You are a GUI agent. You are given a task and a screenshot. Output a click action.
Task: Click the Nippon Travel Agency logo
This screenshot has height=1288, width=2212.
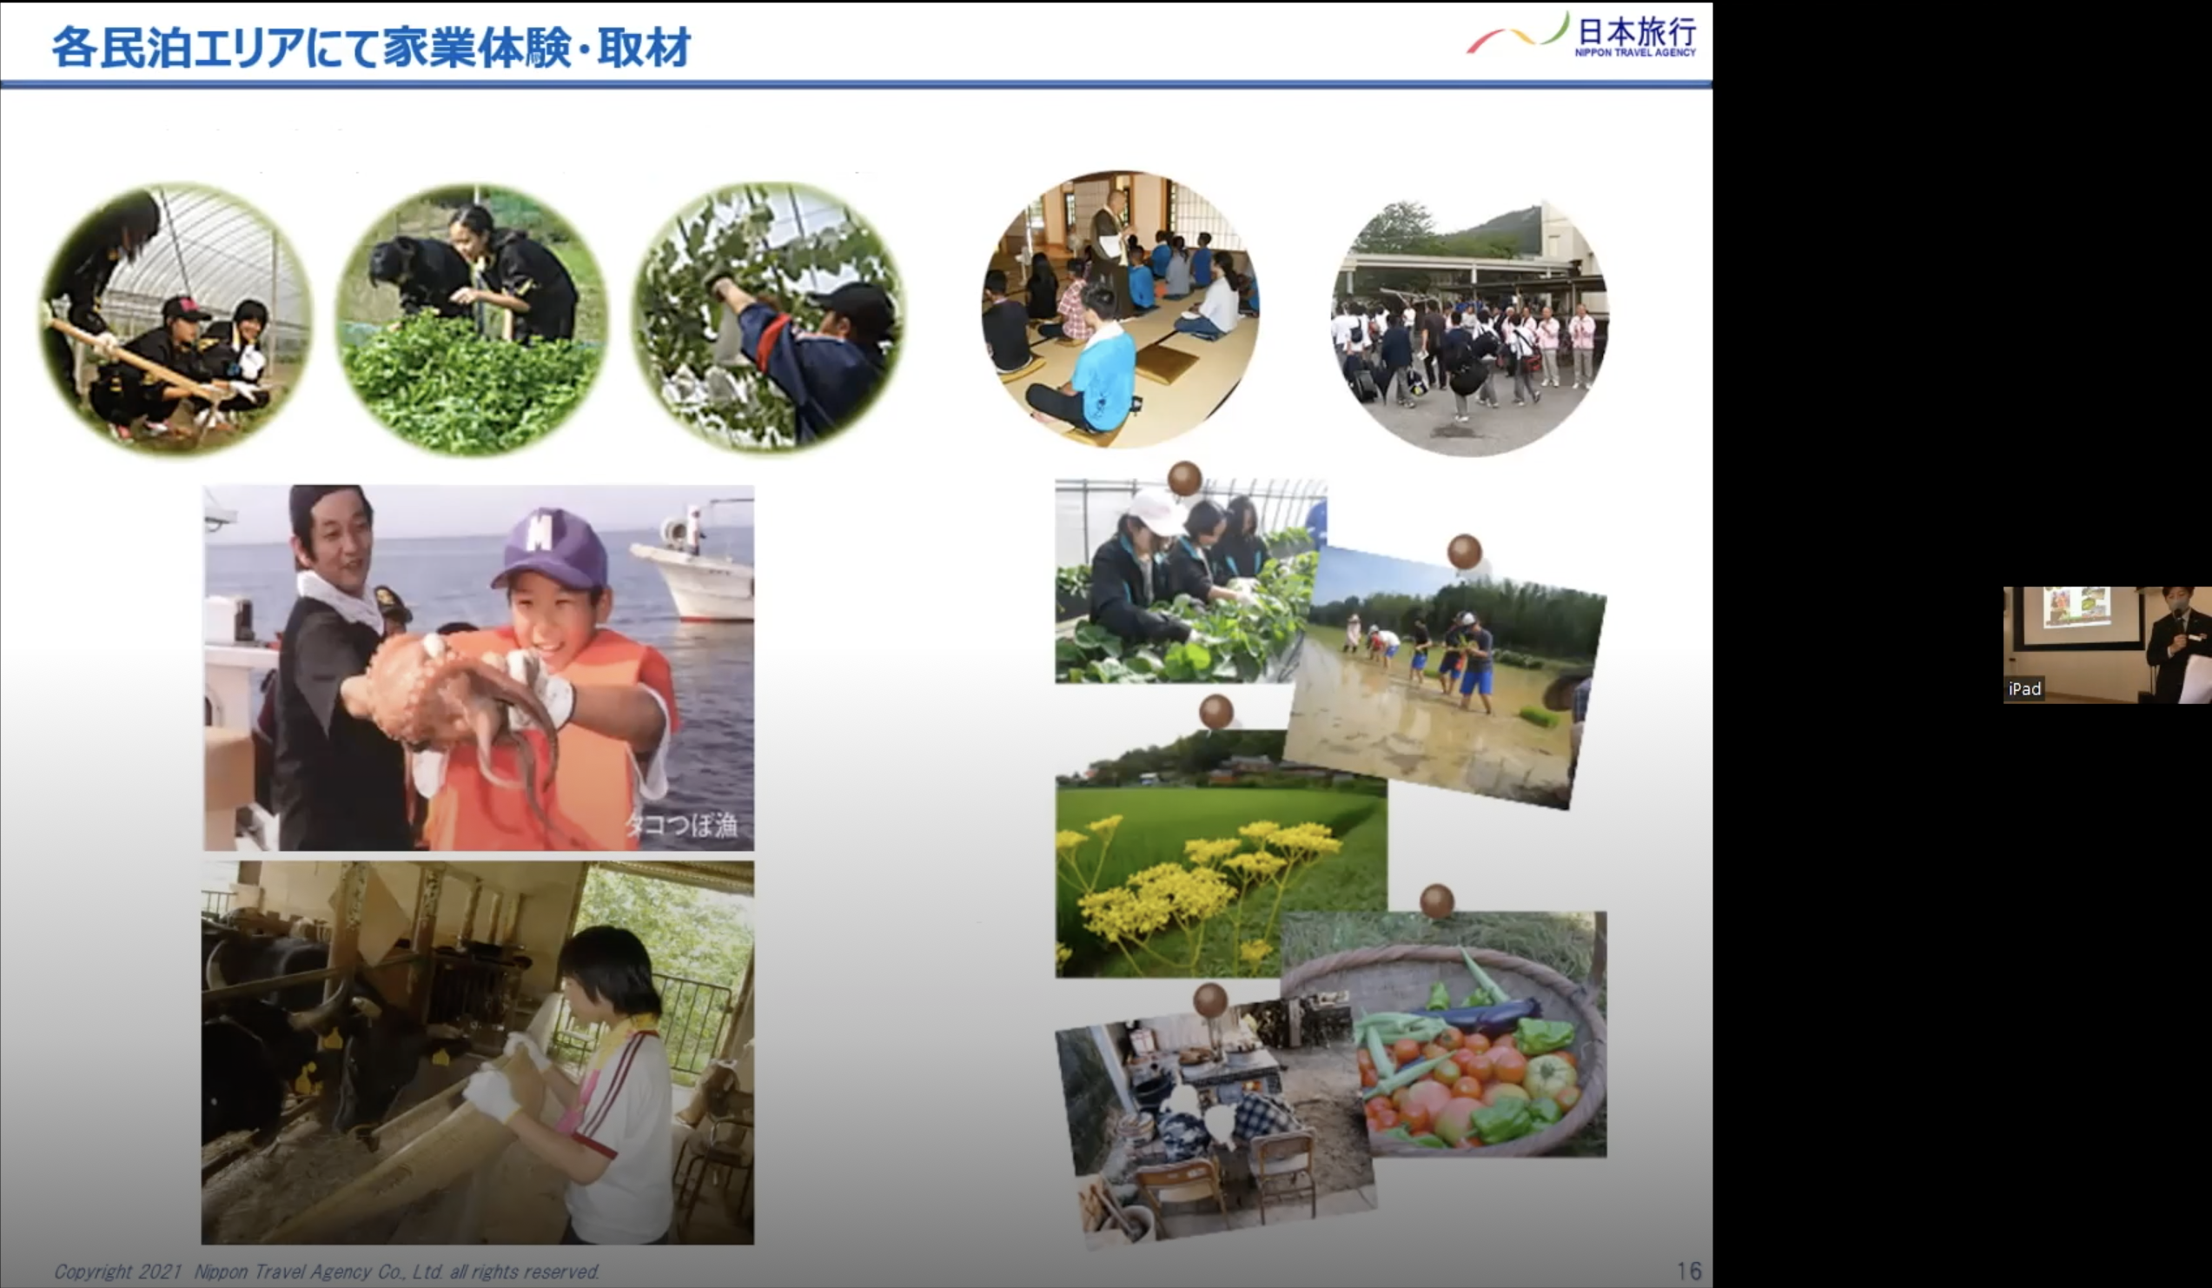pyautogui.click(x=1582, y=35)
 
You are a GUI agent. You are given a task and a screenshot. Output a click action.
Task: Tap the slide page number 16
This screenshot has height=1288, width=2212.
pyautogui.click(x=1689, y=1271)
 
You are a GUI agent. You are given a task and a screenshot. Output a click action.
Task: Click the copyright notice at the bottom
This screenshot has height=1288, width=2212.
pyautogui.click(x=327, y=1271)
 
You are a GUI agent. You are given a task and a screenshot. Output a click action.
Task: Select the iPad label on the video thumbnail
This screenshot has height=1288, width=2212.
pyautogui.click(x=2024, y=688)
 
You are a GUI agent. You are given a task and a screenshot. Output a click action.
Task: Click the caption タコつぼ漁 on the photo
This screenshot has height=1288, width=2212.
pyautogui.click(x=681, y=826)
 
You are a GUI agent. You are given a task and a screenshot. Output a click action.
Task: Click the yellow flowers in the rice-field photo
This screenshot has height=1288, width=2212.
pyautogui.click(x=1202, y=886)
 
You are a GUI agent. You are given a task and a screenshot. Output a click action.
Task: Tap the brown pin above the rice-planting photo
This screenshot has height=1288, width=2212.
pyautogui.click(x=1464, y=552)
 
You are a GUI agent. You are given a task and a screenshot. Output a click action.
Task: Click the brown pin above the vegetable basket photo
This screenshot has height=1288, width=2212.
pyautogui.click(x=1437, y=900)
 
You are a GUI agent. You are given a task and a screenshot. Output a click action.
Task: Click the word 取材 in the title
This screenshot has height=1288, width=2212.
pyautogui.click(x=644, y=47)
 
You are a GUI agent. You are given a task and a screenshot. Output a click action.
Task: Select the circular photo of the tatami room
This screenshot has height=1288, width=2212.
pyautogui.click(x=1120, y=309)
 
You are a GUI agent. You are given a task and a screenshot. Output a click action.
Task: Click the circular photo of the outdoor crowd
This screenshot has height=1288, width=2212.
pyautogui.click(x=1469, y=328)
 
